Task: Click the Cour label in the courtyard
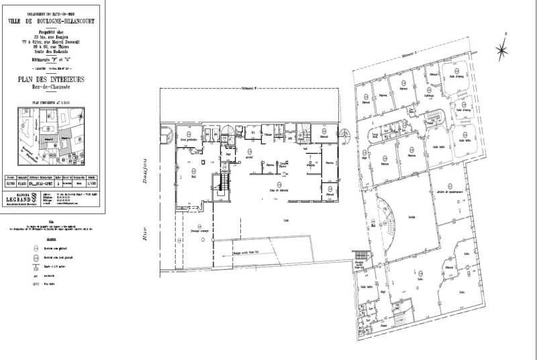285,220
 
